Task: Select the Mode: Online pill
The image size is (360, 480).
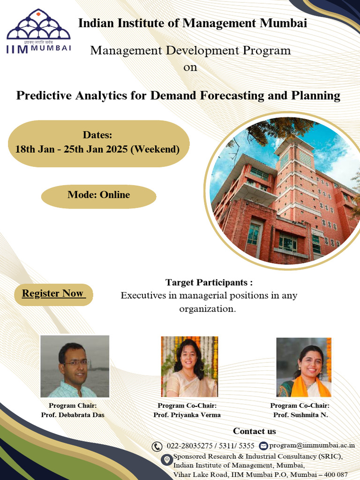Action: point(98,195)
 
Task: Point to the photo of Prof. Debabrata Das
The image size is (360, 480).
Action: point(75,366)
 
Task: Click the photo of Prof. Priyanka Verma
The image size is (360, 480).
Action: point(189,367)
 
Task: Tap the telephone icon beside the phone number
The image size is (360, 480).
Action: point(157,446)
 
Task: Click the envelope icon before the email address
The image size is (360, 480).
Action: point(263,446)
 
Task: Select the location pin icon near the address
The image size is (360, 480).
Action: point(166,459)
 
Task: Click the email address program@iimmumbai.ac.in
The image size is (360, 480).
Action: point(312,446)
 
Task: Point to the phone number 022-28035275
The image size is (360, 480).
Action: point(188,446)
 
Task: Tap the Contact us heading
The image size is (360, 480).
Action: point(255,431)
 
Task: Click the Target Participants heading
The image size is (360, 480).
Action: point(209,283)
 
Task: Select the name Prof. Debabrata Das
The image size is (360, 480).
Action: point(73,415)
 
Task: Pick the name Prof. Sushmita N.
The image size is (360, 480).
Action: point(300,415)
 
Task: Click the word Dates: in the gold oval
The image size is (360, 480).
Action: point(97,135)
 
